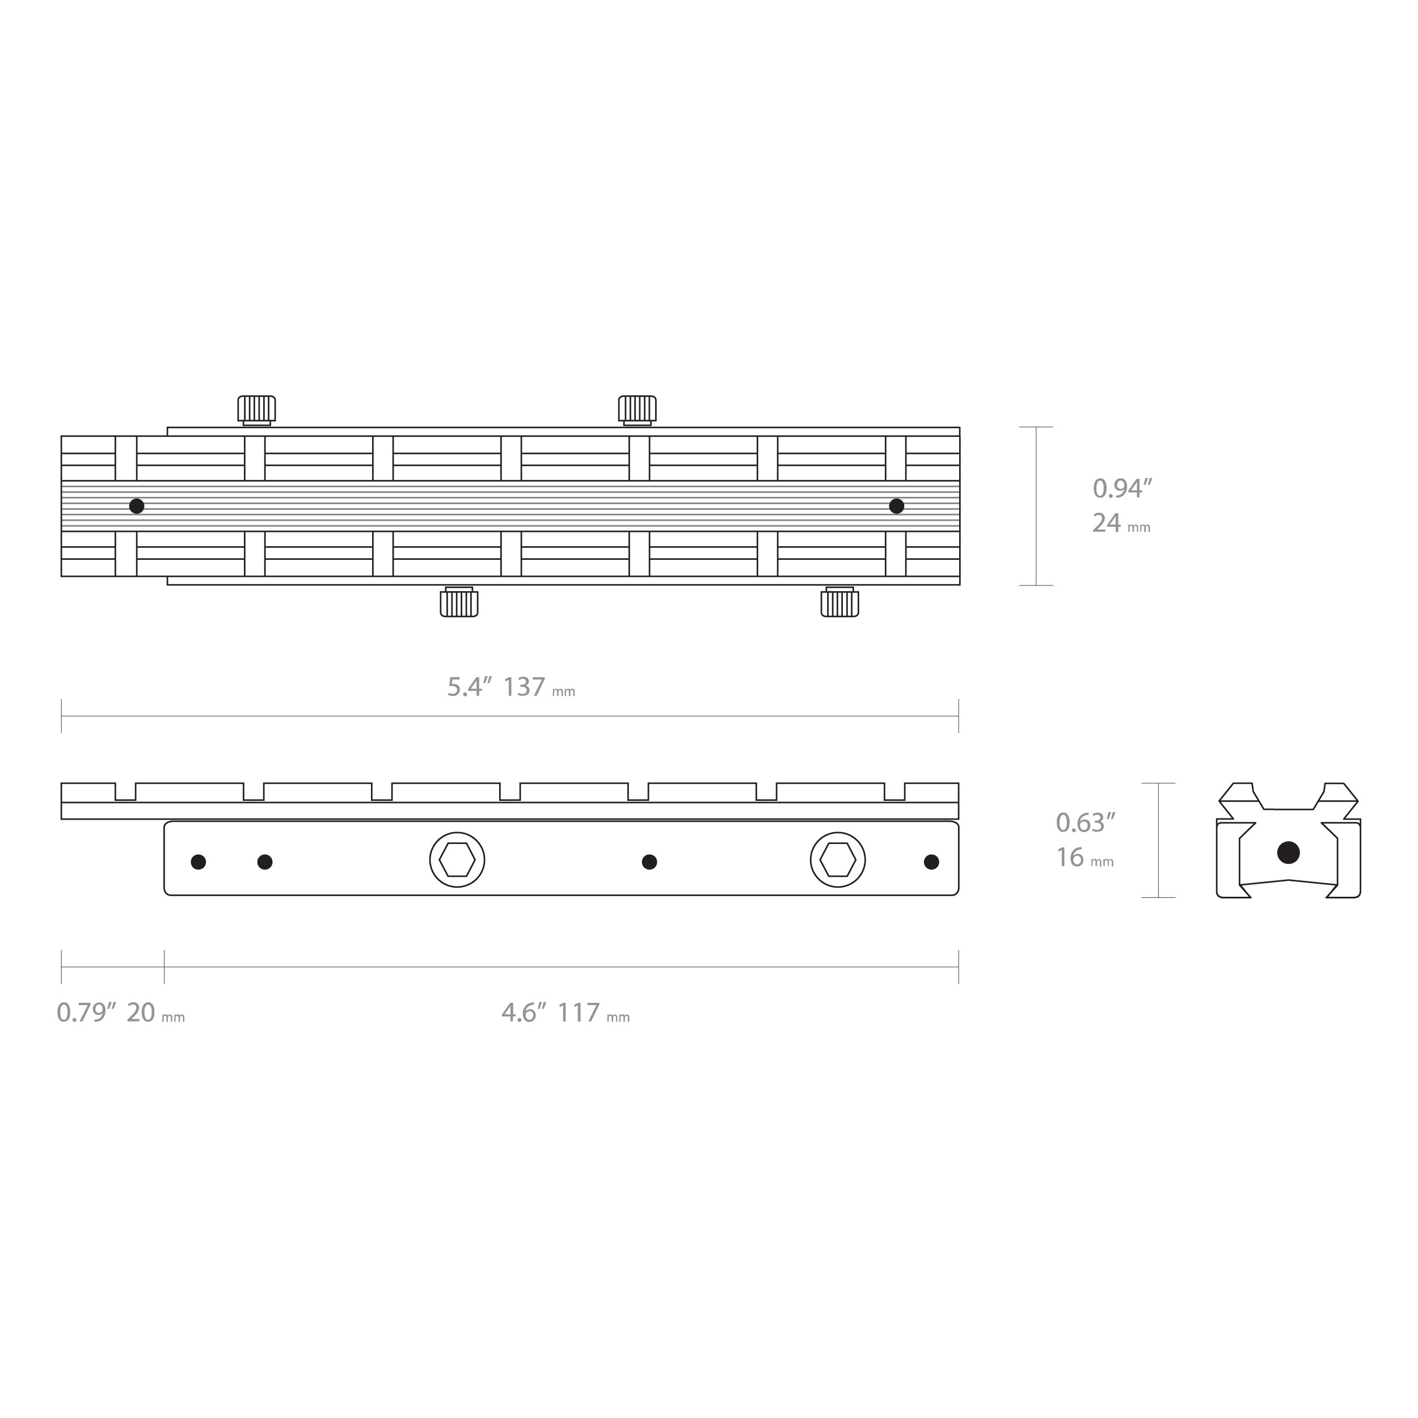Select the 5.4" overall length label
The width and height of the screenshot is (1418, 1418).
point(470,687)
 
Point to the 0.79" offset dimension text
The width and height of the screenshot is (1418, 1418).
point(87,1013)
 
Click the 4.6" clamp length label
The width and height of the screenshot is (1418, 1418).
point(524,1013)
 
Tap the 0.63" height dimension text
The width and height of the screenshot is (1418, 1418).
point(1086,823)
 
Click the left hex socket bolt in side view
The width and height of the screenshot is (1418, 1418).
point(457,859)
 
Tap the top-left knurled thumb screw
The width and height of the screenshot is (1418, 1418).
point(256,409)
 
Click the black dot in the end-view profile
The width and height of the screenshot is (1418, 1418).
point(1288,852)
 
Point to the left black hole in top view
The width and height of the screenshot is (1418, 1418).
point(137,506)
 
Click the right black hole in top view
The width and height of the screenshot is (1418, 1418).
point(896,506)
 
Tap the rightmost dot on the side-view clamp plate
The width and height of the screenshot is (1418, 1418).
point(931,862)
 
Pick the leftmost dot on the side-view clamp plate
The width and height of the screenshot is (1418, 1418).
point(198,862)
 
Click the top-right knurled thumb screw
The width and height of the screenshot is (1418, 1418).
point(637,409)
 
